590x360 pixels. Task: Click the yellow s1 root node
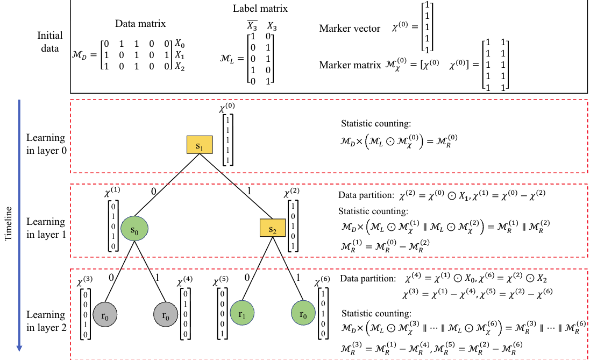(x=200, y=146)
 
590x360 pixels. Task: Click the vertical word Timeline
(x=7, y=223)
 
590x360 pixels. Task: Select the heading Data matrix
(x=140, y=24)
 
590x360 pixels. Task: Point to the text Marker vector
(x=350, y=29)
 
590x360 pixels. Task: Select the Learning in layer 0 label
(x=46, y=145)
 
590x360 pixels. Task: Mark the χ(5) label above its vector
(x=221, y=281)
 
